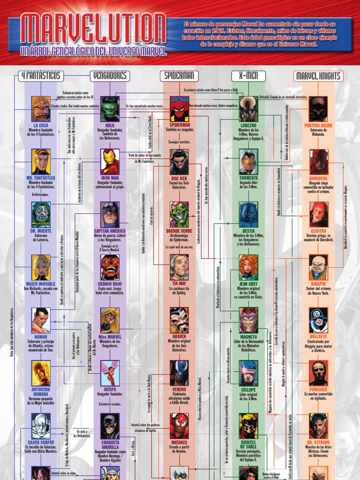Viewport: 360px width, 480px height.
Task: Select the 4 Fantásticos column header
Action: coord(41,76)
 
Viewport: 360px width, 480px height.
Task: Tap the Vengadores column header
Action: coord(110,76)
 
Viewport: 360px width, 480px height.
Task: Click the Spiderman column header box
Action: coord(179,76)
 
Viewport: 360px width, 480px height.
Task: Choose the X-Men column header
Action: coord(248,76)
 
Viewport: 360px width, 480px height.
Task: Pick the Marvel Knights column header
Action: coord(319,76)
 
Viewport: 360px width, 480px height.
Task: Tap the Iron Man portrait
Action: coord(110,162)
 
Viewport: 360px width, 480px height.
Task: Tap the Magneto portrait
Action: coord(248,320)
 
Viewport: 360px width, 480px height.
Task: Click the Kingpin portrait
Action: coord(319,267)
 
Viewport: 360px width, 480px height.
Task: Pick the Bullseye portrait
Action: coord(319,320)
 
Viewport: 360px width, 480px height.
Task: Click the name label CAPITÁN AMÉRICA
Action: coord(110,231)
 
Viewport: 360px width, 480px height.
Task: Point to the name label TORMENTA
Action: coord(248,178)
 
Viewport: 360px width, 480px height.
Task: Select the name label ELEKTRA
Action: coord(319,231)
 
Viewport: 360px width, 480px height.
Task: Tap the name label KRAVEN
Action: coord(179,337)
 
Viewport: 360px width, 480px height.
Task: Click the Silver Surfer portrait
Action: coord(41,426)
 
